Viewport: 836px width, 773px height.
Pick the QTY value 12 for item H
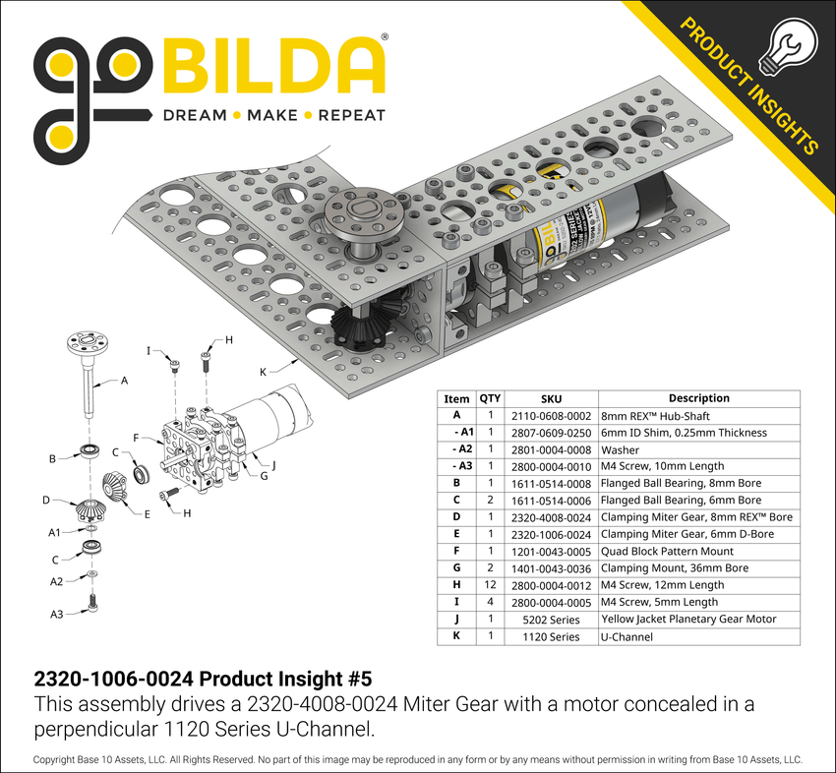pyautogui.click(x=490, y=585)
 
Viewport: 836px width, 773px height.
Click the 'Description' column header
pyautogui.click(x=698, y=398)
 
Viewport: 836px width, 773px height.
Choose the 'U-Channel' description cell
pyautogui.click(x=627, y=636)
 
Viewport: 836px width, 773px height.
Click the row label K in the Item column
pyautogui.click(x=456, y=636)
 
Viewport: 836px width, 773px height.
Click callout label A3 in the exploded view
pyautogui.click(x=57, y=614)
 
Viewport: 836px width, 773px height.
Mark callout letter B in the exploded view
pyautogui.click(x=53, y=458)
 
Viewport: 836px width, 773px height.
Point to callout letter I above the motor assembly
pyautogui.click(x=149, y=350)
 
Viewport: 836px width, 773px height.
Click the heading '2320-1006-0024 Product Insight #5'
pyautogui.click(x=204, y=680)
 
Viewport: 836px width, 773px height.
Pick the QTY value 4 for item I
pyautogui.click(x=490, y=603)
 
